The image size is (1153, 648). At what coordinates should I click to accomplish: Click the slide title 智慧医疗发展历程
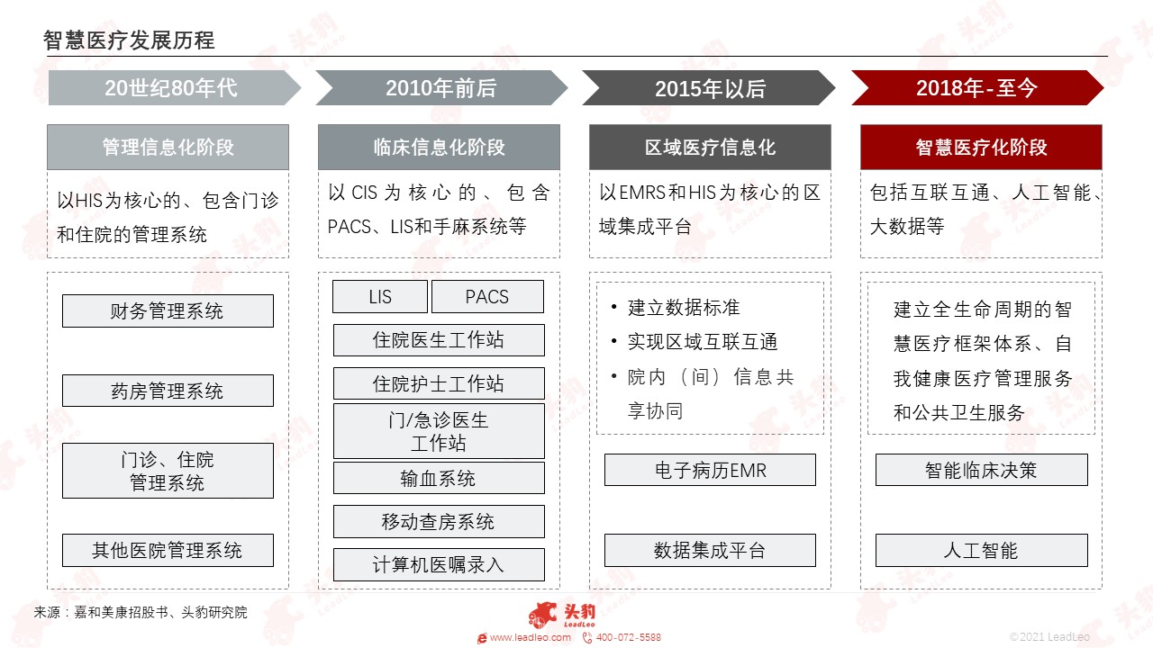coord(129,40)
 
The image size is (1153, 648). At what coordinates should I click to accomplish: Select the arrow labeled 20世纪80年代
coord(175,88)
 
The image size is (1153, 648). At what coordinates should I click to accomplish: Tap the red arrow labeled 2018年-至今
coord(977,88)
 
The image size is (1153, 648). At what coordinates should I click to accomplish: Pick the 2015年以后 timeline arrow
coord(709,88)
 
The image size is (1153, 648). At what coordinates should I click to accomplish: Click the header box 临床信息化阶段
coord(439,147)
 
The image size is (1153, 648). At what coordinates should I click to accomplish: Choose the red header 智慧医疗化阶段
coord(981,147)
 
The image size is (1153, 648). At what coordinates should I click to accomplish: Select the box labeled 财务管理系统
coord(168,310)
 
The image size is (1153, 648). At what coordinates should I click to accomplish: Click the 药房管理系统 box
coord(168,391)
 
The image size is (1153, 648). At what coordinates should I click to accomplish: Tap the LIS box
coord(380,296)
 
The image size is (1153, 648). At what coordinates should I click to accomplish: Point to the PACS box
coord(487,296)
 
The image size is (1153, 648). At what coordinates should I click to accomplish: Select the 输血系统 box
coord(439,478)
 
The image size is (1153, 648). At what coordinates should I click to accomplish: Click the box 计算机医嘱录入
coord(439,564)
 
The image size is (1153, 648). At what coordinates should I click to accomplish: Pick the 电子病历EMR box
coord(710,470)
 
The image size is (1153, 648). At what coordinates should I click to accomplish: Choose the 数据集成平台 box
coord(710,550)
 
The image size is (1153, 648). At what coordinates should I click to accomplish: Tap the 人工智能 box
coord(982,550)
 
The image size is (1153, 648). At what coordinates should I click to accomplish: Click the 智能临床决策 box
coord(982,470)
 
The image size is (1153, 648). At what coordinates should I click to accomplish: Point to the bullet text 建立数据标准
coord(684,308)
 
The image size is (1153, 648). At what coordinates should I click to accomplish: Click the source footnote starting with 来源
coord(141,612)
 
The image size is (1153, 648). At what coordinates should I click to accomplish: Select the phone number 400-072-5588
coord(628,638)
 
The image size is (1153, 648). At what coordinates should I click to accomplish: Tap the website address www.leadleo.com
coord(531,638)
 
